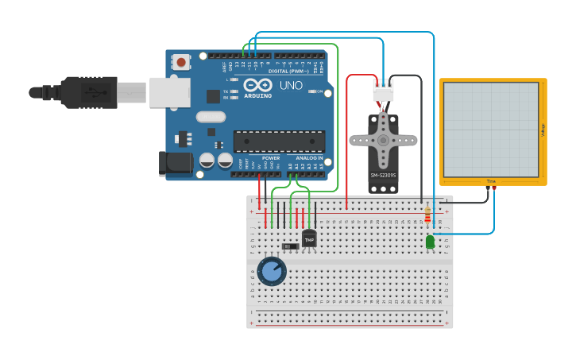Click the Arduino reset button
(182, 61)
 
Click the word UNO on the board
(285, 85)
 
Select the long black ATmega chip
(279, 141)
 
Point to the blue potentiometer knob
(272, 271)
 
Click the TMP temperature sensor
(309, 238)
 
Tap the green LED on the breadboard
(430, 242)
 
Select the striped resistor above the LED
(427, 215)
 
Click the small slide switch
(291, 246)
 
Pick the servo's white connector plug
(383, 91)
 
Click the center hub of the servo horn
(383, 141)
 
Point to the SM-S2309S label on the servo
(383, 175)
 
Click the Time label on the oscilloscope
(491, 181)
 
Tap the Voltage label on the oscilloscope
(543, 129)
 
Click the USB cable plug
(89, 92)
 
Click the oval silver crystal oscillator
(211, 117)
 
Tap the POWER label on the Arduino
(271, 158)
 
